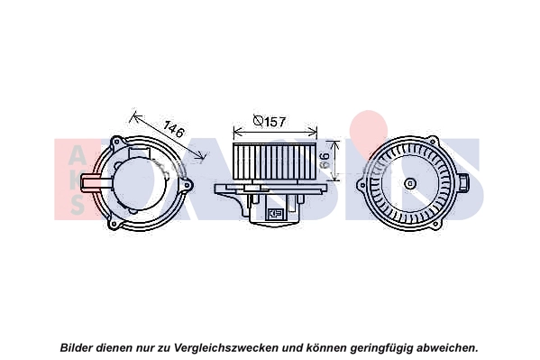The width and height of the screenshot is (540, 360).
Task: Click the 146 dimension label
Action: (174, 129)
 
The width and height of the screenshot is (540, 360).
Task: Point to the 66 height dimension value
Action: (325, 160)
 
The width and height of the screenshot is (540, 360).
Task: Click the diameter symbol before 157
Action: (259, 121)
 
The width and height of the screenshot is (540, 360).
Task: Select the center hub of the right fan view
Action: (410, 184)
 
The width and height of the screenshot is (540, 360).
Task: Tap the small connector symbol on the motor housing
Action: (275, 213)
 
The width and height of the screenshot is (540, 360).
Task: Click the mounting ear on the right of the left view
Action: (188, 185)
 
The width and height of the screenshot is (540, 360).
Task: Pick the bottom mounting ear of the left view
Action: (114, 225)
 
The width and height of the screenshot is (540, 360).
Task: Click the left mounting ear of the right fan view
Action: (362, 185)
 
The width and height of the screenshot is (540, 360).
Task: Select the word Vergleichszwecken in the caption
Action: (226, 348)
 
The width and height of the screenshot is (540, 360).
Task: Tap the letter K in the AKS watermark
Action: (76, 181)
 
